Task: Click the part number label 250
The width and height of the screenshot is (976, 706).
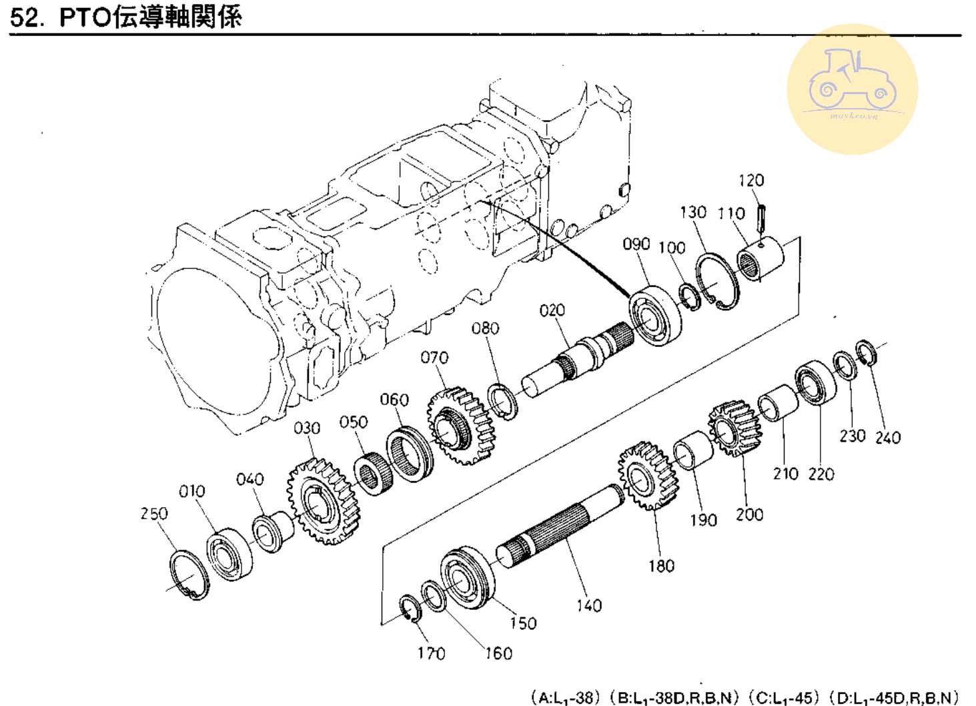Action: [153, 513]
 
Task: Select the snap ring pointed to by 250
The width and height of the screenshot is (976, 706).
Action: [189, 575]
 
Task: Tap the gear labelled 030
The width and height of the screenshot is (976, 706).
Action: [324, 500]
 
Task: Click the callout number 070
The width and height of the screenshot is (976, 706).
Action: [434, 358]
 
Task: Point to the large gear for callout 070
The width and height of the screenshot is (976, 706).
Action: [461, 426]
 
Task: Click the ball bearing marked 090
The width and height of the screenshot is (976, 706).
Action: [655, 315]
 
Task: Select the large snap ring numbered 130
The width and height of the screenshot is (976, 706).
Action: [717, 282]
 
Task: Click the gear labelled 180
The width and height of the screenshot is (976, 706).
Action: [647, 475]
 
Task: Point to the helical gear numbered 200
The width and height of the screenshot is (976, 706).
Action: [735, 428]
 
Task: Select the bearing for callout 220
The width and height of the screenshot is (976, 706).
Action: [815, 383]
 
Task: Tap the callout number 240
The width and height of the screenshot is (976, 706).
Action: [887, 437]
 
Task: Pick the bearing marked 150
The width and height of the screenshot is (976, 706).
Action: [466, 578]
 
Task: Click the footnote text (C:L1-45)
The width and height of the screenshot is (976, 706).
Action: [783, 697]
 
